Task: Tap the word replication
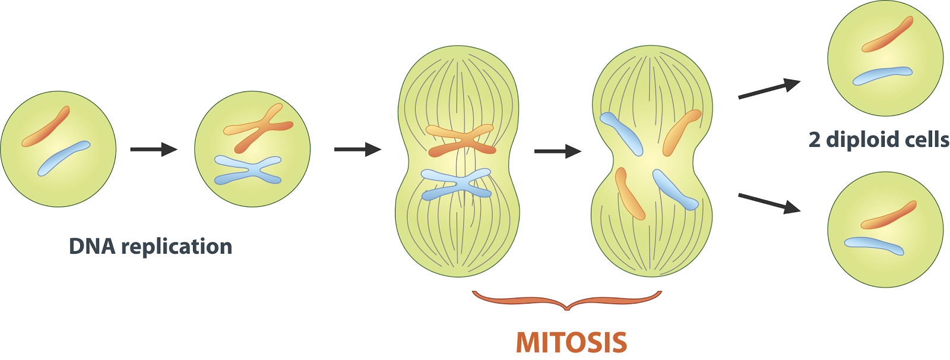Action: [x=176, y=247]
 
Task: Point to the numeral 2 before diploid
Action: [x=815, y=140]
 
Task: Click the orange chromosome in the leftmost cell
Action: [x=46, y=127]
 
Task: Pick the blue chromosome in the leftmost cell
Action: [x=64, y=158]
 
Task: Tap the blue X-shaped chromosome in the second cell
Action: [x=248, y=170]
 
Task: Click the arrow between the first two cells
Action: [x=153, y=149]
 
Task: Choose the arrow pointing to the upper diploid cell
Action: [x=769, y=89]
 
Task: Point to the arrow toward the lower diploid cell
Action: [x=769, y=203]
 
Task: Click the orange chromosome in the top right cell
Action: [x=888, y=35]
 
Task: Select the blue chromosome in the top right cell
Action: [x=882, y=75]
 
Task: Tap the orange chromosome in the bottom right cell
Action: [x=889, y=216]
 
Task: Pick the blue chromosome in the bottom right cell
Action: [x=874, y=245]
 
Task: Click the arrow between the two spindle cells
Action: [x=557, y=151]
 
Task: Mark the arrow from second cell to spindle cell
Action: [x=357, y=149]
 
